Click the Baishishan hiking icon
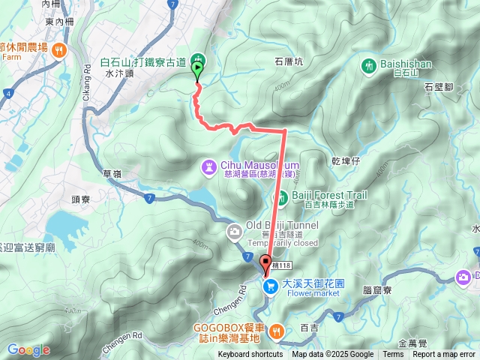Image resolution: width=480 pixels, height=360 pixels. click(x=369, y=65)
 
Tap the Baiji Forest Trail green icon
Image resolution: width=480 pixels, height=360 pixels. click(x=283, y=197)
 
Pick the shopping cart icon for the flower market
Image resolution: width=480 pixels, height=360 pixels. click(x=270, y=286)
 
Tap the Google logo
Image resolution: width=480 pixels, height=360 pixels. click(x=28, y=350)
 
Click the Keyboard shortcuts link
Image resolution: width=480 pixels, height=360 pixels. click(x=250, y=355)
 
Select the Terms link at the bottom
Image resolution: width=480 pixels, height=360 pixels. click(x=393, y=355)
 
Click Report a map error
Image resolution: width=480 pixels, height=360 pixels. click(x=444, y=355)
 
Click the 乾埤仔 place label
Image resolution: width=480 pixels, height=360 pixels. click(x=346, y=161)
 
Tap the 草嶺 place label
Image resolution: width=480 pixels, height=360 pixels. click(x=112, y=173)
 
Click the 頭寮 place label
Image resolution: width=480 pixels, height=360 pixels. click(x=81, y=200)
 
